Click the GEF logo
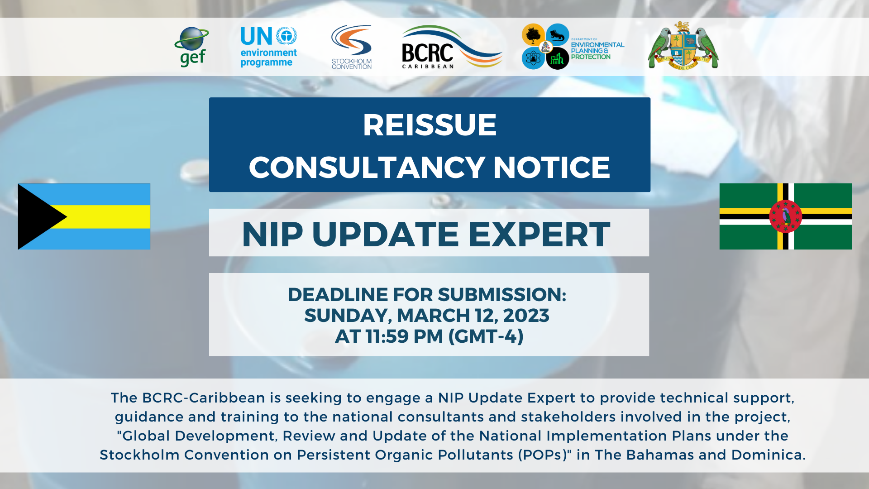(x=191, y=47)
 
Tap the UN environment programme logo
(x=269, y=47)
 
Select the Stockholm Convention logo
(x=352, y=47)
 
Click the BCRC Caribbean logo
(x=452, y=47)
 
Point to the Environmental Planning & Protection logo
(x=573, y=47)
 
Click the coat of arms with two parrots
(x=683, y=45)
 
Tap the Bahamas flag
(x=84, y=216)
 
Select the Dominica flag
(x=786, y=216)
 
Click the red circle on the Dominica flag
(x=786, y=216)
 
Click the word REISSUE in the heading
(x=430, y=125)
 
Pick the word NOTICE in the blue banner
(x=551, y=168)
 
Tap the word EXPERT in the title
(x=540, y=235)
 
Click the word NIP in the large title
(x=272, y=235)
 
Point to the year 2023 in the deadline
(x=526, y=316)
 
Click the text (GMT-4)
(x=486, y=336)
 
